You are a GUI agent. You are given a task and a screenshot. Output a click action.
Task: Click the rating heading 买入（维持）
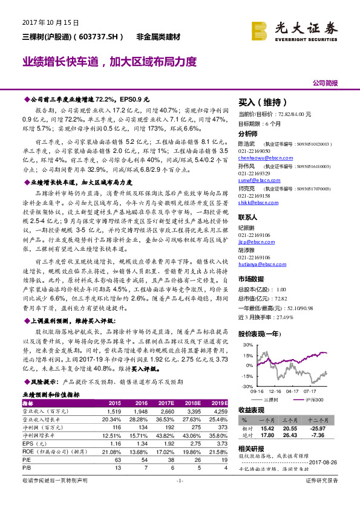click(x=260, y=102)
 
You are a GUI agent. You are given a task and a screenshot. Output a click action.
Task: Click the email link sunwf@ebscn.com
click(x=256, y=180)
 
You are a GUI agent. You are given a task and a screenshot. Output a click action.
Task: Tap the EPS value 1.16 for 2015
click(x=114, y=443)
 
